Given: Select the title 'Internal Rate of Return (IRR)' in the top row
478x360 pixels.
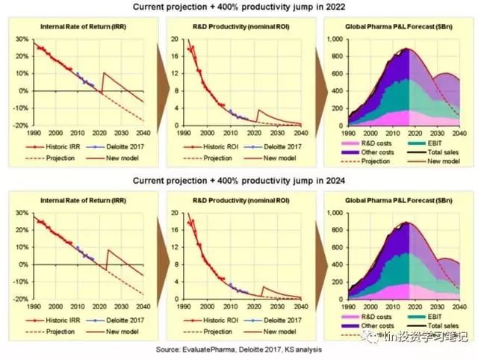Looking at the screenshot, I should click(x=83, y=28).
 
